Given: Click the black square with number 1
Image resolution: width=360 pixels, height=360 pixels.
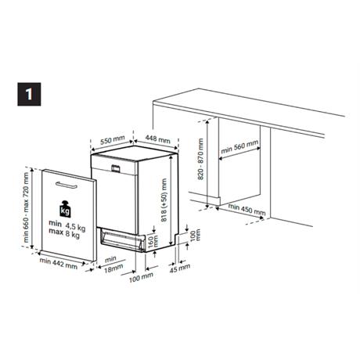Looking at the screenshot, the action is pyautogui.click(x=29, y=94).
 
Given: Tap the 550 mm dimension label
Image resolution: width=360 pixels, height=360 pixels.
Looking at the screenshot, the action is pyautogui.click(x=113, y=139).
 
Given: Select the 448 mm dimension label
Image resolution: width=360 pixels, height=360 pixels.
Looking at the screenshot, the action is pyautogui.click(x=157, y=139).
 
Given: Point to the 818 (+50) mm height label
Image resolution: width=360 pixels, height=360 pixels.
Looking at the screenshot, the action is pyautogui.click(x=164, y=200).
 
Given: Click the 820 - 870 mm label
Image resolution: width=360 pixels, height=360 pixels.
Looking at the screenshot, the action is pyautogui.click(x=200, y=159).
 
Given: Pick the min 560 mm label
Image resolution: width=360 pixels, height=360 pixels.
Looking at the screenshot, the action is pyautogui.click(x=239, y=147).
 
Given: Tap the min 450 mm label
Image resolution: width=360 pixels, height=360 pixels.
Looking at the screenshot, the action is pyautogui.click(x=247, y=210).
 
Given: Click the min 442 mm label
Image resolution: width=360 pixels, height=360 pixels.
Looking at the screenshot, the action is pyautogui.click(x=59, y=263).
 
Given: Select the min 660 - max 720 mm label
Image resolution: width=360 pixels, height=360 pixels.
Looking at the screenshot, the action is pyautogui.click(x=27, y=207).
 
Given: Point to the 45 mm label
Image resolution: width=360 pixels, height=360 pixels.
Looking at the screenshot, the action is pyautogui.click(x=180, y=268).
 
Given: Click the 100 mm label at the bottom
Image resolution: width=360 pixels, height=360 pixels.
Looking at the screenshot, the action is pyautogui.click(x=141, y=277).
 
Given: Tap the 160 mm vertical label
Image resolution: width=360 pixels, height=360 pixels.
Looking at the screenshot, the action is pyautogui.click(x=153, y=241).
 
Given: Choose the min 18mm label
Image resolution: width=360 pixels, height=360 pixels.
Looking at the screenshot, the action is pyautogui.click(x=113, y=265).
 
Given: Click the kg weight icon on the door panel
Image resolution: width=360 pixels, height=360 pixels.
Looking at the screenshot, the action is pyautogui.click(x=65, y=209).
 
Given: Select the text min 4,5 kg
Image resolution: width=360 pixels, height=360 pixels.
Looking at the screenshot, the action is pyautogui.click(x=67, y=226).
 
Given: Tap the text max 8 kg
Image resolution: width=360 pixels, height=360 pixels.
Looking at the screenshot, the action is pyautogui.click(x=64, y=233).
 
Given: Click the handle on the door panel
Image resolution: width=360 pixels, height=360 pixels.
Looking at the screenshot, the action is pyautogui.click(x=67, y=185).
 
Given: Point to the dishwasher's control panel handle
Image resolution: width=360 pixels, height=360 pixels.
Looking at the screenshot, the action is pyautogui.click(x=116, y=168).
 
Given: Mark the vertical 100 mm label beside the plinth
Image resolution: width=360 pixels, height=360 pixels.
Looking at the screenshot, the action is pyautogui.click(x=196, y=236).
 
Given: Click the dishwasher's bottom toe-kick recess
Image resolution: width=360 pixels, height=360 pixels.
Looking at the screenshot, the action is pyautogui.click(x=122, y=240).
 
